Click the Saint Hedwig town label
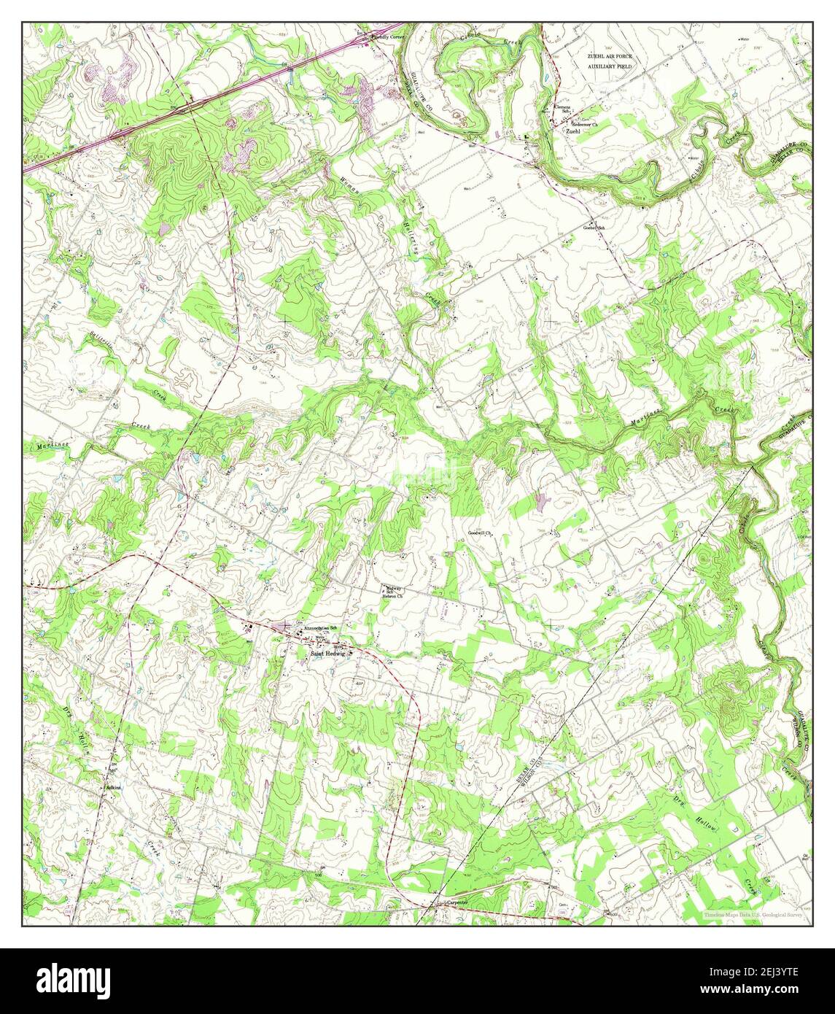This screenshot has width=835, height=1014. coord(326,654)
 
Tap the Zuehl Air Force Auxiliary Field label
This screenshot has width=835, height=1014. coord(611,61)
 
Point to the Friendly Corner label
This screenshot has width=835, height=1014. coord(387,36)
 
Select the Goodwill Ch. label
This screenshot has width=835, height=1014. coord(481,533)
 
